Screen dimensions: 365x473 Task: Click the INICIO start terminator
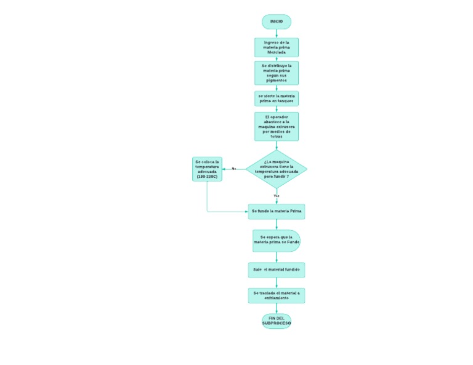[276, 22]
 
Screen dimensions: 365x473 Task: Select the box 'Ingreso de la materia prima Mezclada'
[276, 47]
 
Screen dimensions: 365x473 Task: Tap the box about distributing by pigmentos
[276, 73]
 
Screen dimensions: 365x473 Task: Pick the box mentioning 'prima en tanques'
[276, 98]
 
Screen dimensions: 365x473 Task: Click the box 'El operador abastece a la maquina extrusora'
[276, 126]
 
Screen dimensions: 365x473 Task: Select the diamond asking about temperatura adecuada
[276, 169]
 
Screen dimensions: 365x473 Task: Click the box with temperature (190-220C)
[207, 169]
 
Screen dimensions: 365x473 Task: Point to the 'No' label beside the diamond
[234, 169]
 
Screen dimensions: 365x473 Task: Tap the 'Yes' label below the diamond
[277, 196]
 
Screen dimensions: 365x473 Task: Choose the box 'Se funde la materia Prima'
[276, 211]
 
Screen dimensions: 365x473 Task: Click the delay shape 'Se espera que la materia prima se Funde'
[276, 241]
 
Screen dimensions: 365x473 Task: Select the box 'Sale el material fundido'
[276, 270]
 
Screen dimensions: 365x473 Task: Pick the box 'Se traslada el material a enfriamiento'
[276, 295]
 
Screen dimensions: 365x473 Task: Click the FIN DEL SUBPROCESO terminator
[276, 321]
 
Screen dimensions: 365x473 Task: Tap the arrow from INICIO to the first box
[276, 33]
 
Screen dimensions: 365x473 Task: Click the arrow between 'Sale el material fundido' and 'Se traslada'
[276, 283]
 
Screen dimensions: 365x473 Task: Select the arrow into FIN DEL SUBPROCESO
[276, 308]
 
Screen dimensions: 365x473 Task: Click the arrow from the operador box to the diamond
[276, 145]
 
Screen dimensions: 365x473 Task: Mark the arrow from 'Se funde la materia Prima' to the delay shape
[276, 224]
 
